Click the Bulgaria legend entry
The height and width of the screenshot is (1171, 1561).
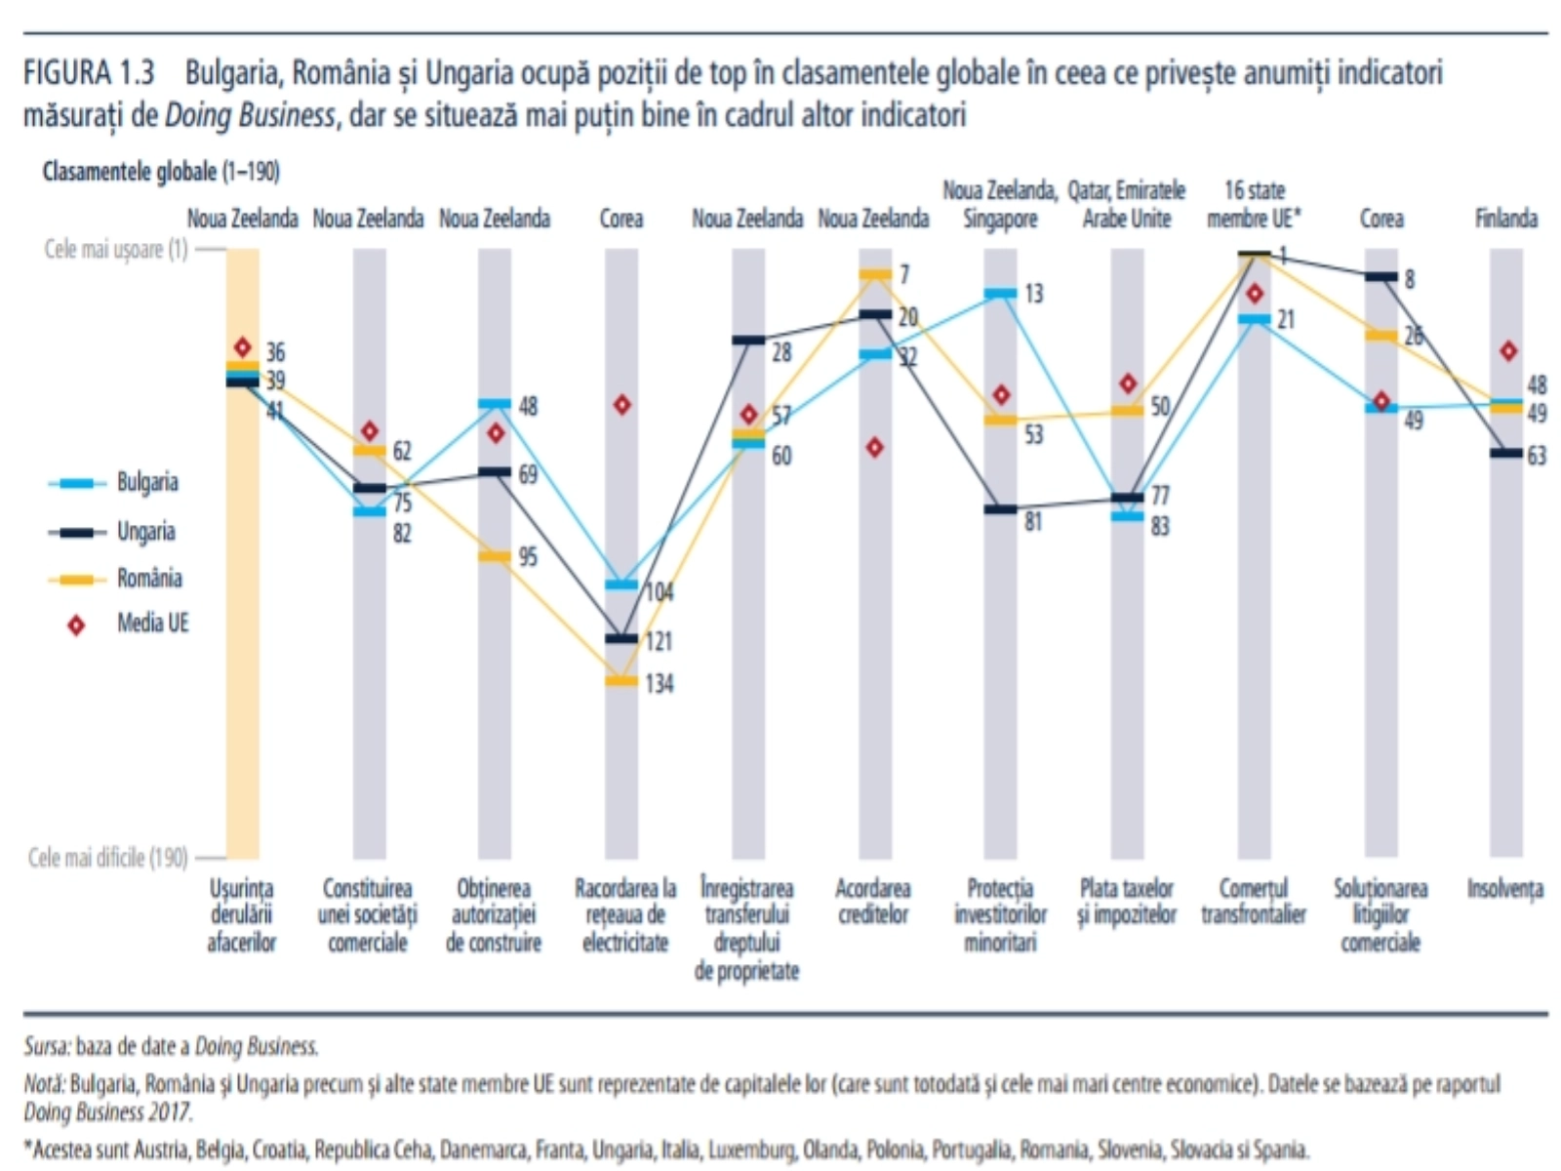point(146,482)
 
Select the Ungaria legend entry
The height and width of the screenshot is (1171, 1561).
point(146,532)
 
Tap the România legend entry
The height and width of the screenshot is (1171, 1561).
point(149,579)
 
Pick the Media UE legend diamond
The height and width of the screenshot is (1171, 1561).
point(76,626)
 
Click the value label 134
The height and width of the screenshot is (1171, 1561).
point(660,684)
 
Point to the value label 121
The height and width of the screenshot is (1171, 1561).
point(660,641)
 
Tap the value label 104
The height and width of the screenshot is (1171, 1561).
point(660,592)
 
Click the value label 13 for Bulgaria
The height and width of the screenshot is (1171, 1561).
point(1033,293)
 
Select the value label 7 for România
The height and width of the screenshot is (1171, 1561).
point(904,274)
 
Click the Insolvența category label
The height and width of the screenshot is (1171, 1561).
point(1505,889)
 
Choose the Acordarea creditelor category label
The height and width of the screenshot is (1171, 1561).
point(873,902)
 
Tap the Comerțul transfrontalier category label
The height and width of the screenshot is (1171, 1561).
point(1254,902)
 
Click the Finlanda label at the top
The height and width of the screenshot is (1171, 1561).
point(1506,219)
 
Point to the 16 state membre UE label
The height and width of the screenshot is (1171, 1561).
point(1254,204)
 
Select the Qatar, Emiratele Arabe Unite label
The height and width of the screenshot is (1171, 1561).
point(1127,204)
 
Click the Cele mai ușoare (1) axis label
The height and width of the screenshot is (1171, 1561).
point(115,250)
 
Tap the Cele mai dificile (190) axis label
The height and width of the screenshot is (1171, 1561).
point(107,858)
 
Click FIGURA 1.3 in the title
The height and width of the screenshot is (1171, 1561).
point(89,72)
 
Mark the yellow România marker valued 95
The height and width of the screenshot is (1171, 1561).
point(495,556)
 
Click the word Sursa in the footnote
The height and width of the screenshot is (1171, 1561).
point(47,1046)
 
